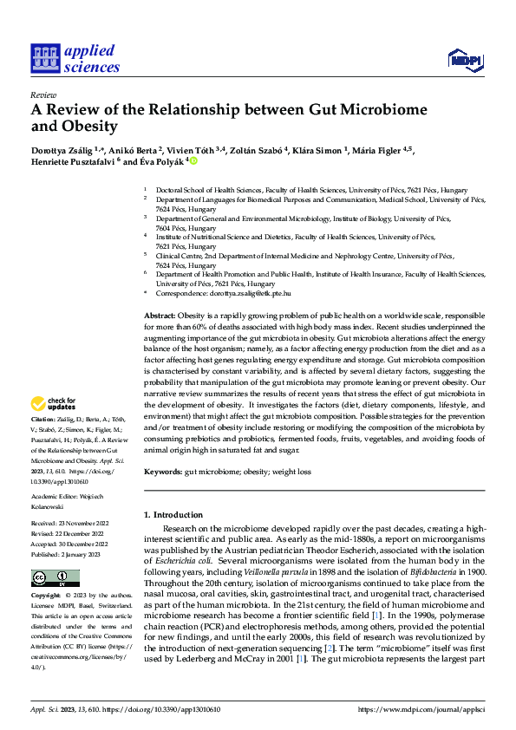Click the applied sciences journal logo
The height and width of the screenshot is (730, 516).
coord(76,58)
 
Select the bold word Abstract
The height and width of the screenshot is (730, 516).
coord(160,315)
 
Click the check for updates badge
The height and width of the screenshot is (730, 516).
coord(53,404)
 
